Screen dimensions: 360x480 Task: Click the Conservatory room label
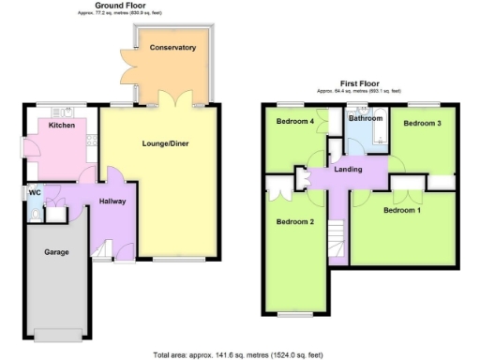click(172, 47)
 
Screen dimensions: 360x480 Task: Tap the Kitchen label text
click(62, 125)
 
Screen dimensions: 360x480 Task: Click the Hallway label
click(112, 202)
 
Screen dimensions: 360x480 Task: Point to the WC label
click(35, 193)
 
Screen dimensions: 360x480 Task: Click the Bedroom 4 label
click(294, 121)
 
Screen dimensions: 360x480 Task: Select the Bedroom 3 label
click(422, 123)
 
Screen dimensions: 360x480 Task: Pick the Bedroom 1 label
click(402, 210)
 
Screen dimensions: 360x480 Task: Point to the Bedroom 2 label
click(294, 222)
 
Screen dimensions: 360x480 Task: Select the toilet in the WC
click(36, 215)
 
